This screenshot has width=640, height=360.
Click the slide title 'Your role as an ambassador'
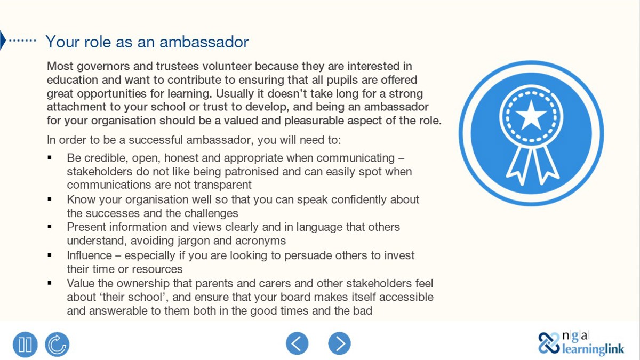point(147,42)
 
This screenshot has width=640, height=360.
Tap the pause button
point(25,344)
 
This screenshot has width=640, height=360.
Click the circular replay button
point(57,344)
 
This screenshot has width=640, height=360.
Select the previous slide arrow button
point(297,343)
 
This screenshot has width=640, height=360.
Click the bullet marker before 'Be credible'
point(50,158)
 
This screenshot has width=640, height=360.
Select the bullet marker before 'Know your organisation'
point(50,199)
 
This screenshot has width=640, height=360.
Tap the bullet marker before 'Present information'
point(50,227)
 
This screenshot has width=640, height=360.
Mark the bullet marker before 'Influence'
point(50,255)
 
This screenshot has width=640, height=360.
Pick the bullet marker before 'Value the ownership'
point(50,283)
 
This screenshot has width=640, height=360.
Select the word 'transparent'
point(220,185)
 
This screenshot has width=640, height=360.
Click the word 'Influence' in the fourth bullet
point(90,255)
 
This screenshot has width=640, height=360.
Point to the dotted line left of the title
point(23,41)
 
